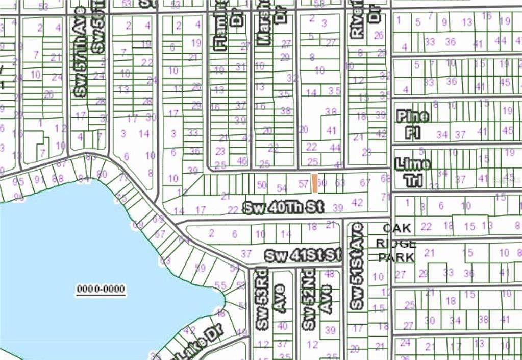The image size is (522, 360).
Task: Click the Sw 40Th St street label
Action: [x=283, y=208]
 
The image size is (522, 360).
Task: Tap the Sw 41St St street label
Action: [x=302, y=255]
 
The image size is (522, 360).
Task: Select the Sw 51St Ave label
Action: [x=357, y=266]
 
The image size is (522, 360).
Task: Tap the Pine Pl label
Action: [x=412, y=124]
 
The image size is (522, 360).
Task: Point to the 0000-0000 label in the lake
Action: [x=101, y=290]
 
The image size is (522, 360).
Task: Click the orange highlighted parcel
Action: [x=315, y=183]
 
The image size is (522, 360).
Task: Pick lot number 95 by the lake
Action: [x=18, y=182]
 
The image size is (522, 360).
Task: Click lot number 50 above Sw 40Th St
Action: [x=262, y=185]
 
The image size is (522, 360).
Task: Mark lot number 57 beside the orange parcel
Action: [x=304, y=183]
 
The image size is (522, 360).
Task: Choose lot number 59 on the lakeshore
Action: [x=200, y=267]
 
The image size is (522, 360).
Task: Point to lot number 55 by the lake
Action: [x=220, y=285]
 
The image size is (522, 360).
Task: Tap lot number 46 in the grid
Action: [x=242, y=160]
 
